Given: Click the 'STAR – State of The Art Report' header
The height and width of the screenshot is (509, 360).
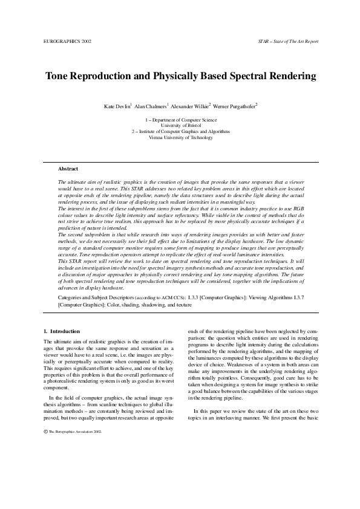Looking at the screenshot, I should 287,42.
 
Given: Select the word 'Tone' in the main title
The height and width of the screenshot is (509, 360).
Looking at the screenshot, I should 60,77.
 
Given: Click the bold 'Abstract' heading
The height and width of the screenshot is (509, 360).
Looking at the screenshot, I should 68,168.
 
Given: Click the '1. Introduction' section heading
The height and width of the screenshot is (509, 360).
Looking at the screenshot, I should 62,332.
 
